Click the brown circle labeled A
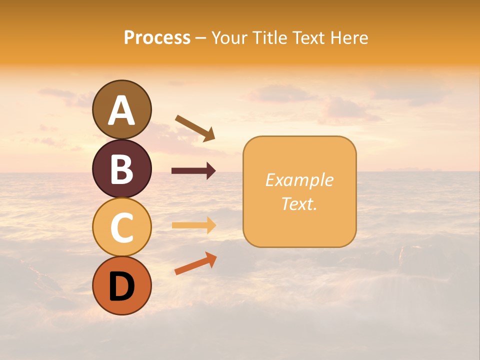122,109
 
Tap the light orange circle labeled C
122,227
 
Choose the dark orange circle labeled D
122,285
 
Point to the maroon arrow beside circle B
193,171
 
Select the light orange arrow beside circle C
193,225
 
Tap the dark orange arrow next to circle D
195,263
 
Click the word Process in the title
157,38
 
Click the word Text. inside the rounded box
299,203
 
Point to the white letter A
122,110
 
